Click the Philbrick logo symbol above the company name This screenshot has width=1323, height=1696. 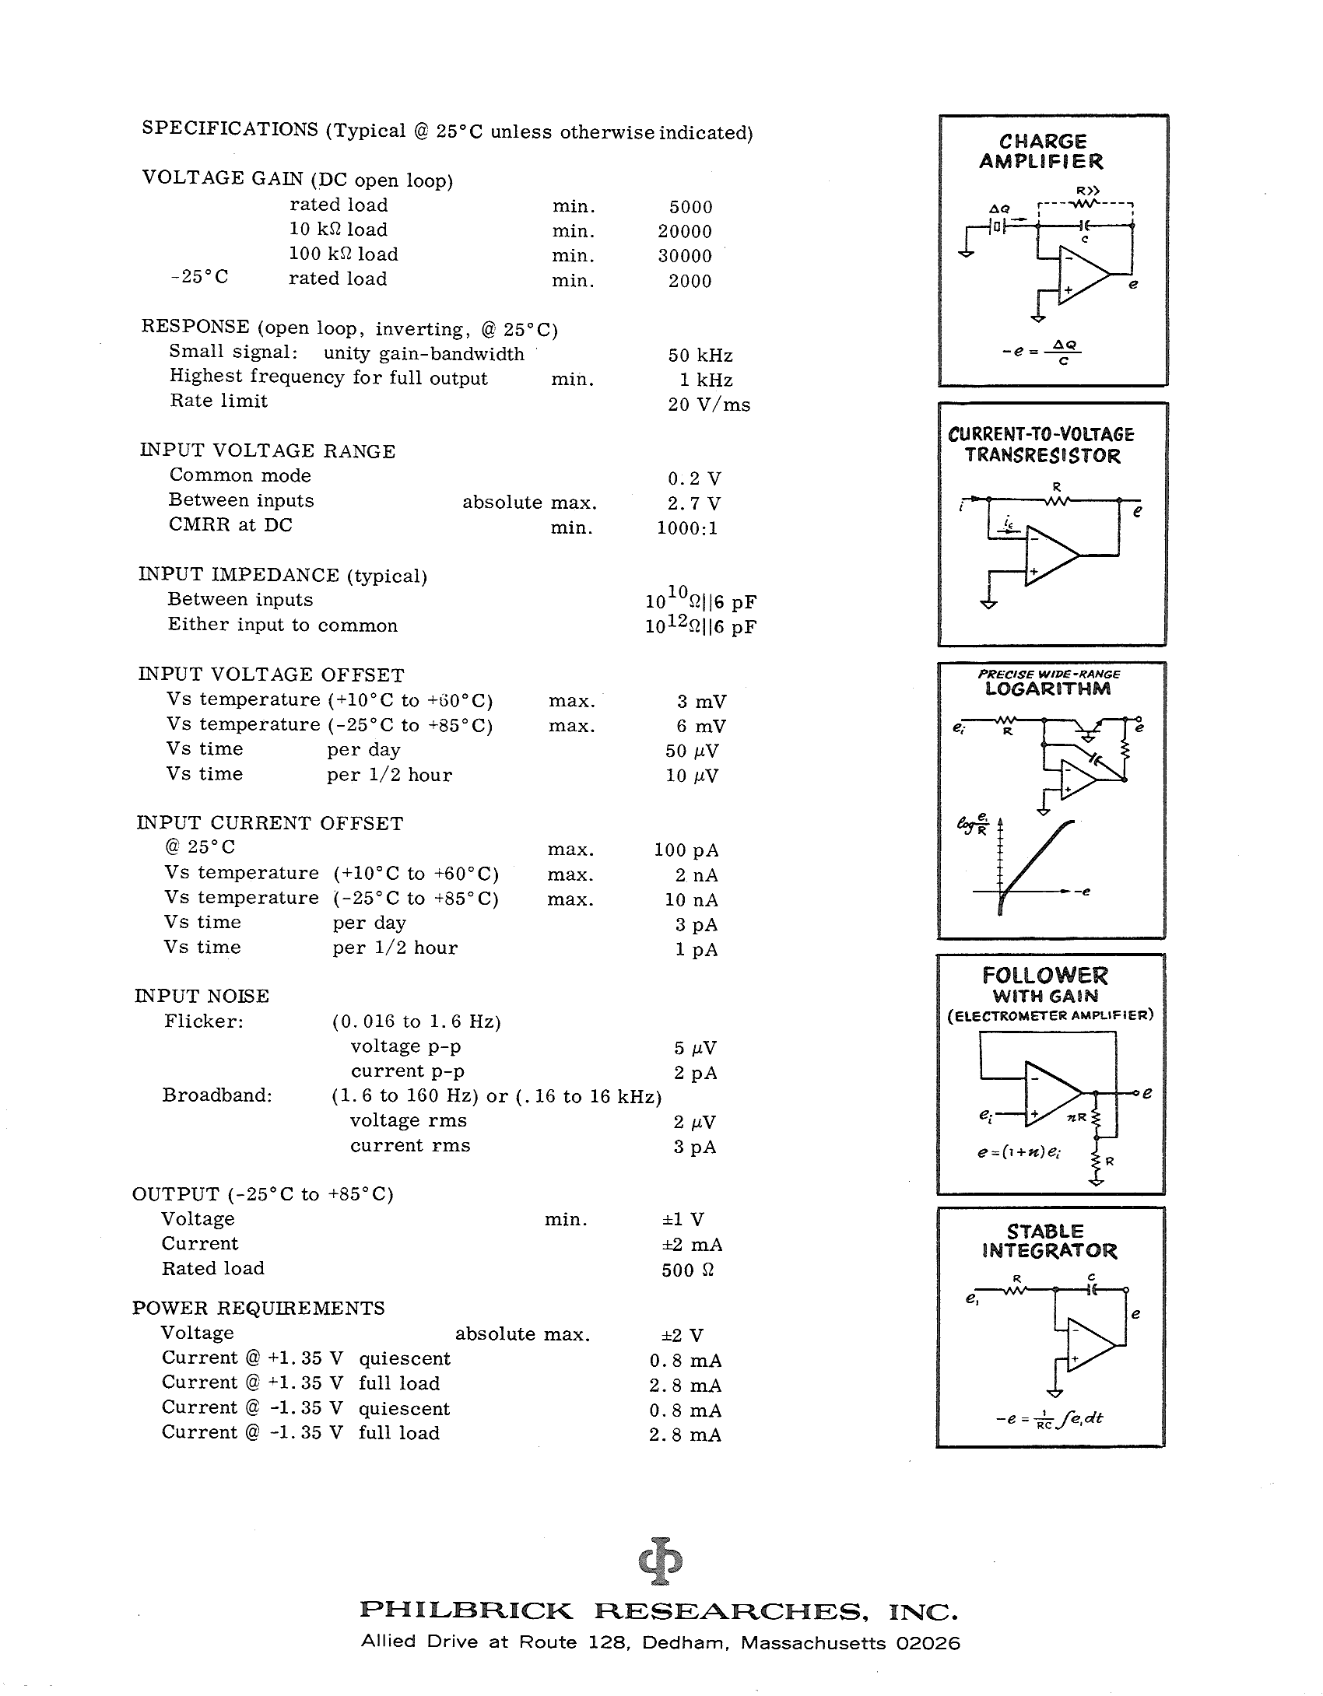click(660, 1560)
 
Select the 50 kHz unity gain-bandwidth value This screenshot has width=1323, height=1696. click(700, 356)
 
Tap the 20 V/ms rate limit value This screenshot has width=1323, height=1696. click(708, 405)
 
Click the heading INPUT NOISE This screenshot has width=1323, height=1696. click(202, 996)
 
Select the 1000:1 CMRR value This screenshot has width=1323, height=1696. click(687, 528)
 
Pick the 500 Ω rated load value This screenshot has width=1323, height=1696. click(687, 1270)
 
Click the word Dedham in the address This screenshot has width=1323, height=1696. click(696, 1664)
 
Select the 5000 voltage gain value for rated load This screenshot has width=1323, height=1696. click(690, 207)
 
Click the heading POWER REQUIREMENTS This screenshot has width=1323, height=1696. click(258, 1308)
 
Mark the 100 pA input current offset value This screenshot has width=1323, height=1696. click(686, 850)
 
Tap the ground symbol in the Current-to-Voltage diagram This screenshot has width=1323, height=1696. click(988, 603)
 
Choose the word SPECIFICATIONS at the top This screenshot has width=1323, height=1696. click(230, 129)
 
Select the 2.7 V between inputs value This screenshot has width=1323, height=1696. click(693, 503)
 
